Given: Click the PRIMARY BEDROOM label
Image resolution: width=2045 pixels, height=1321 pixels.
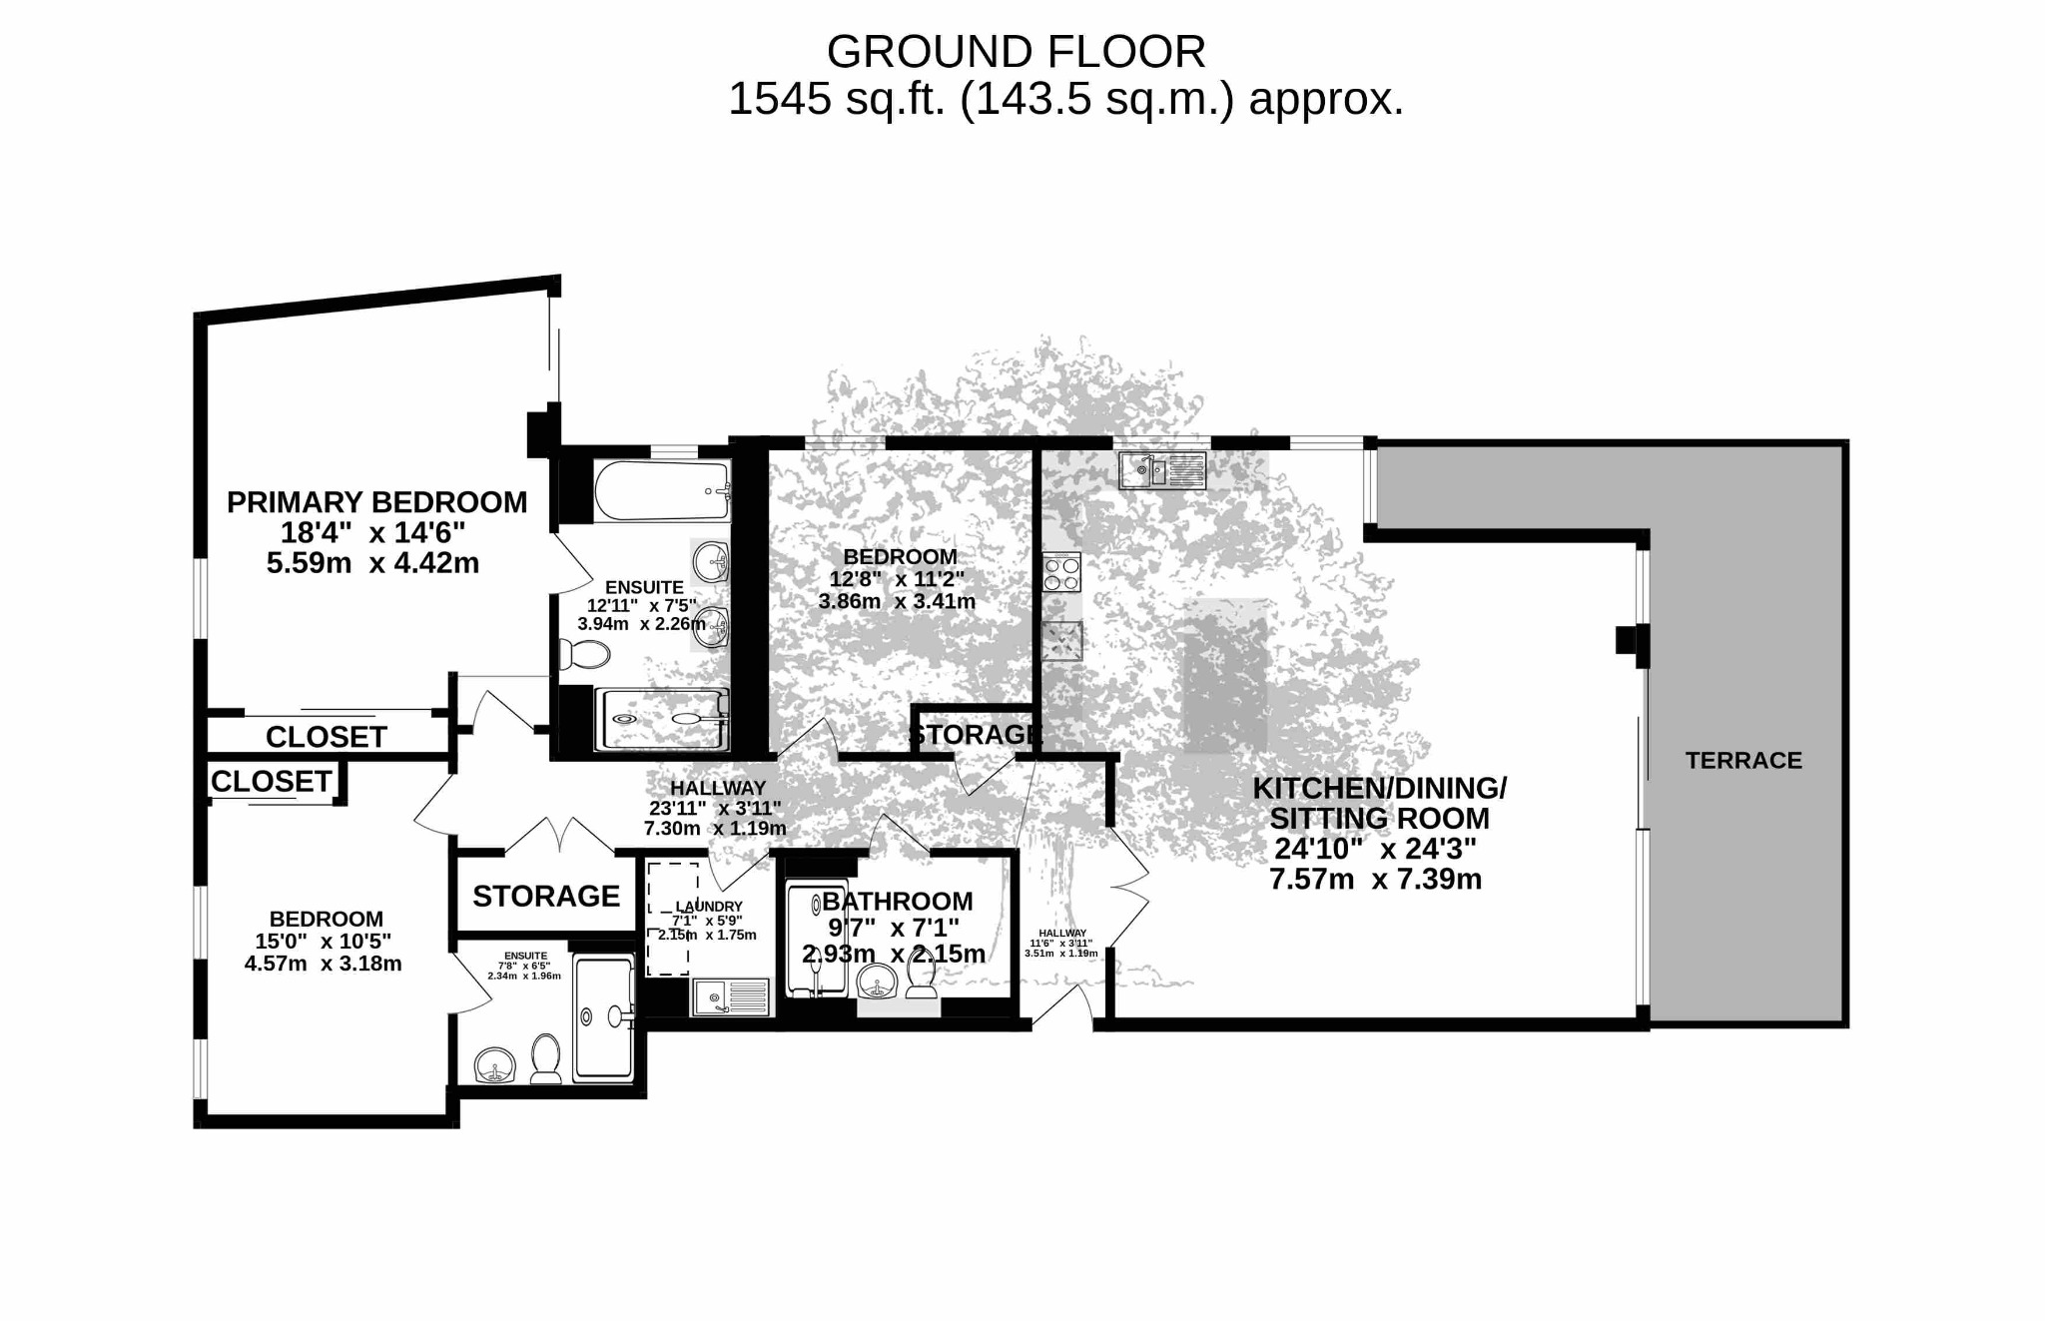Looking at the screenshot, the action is (376, 501).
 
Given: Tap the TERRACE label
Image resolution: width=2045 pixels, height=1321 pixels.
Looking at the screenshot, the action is (1743, 761).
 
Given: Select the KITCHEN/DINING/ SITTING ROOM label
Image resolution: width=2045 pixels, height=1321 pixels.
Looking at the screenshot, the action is (1379, 803).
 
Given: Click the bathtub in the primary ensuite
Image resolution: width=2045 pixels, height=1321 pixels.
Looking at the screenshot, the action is (662, 490).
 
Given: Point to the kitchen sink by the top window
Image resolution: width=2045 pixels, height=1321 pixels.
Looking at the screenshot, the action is (1162, 470).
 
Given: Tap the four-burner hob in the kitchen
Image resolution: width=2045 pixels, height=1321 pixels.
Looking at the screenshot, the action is (1061, 573).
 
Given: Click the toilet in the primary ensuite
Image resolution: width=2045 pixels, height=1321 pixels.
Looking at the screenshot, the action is (584, 655).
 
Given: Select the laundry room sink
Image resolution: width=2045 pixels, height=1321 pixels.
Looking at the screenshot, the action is (729, 997).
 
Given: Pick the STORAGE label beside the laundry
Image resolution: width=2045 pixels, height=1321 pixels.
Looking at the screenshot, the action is (546, 896).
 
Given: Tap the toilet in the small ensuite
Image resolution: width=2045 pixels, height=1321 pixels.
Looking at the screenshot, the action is (545, 1059).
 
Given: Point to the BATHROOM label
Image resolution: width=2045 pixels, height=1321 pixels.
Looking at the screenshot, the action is (897, 901).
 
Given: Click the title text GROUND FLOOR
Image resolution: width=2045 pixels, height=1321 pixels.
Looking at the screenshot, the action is (1016, 52).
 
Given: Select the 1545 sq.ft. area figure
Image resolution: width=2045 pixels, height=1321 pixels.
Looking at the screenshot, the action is (837, 99).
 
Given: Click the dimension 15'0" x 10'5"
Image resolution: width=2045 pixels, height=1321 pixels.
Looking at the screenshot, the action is (323, 941).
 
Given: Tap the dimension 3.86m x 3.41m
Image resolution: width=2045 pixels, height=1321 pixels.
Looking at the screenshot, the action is (897, 601).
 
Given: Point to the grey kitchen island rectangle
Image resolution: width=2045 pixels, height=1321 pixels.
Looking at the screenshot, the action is (1226, 676).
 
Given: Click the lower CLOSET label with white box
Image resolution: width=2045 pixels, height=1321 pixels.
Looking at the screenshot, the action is (271, 781).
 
